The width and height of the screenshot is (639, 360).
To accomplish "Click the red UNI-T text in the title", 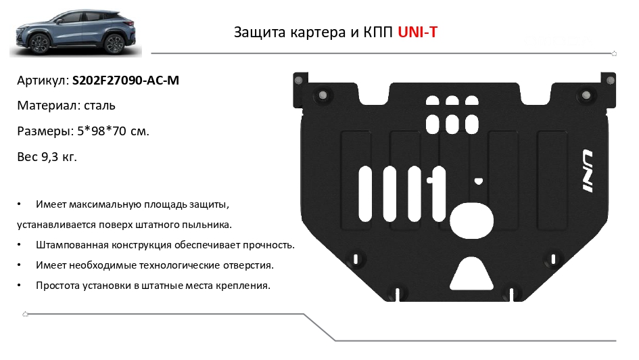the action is tap(417, 32).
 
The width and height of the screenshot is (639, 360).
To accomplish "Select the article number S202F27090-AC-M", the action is tap(126, 81).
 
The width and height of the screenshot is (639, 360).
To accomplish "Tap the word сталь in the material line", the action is tap(99, 106).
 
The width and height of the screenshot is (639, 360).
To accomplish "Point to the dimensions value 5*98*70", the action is tap(102, 131).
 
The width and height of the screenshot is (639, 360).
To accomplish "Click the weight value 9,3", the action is tap(50, 157).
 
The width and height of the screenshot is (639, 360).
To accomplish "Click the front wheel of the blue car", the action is tap(41, 43).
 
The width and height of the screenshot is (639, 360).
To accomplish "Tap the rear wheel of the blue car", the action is tap(114, 43).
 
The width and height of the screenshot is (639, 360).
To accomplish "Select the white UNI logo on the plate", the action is tap(587, 171).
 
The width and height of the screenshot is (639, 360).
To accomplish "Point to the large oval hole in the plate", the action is tap(471, 221).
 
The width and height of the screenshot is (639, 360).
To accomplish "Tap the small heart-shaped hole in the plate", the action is tap(479, 181).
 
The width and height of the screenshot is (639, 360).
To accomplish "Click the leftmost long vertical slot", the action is tap(365, 194).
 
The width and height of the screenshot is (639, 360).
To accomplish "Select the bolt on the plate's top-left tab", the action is tap(298, 80).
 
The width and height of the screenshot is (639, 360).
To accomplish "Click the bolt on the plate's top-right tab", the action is tap(610, 81).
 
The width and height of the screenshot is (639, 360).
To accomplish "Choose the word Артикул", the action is tap(43, 81).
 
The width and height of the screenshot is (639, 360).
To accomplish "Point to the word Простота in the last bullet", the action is tap(57, 286).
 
